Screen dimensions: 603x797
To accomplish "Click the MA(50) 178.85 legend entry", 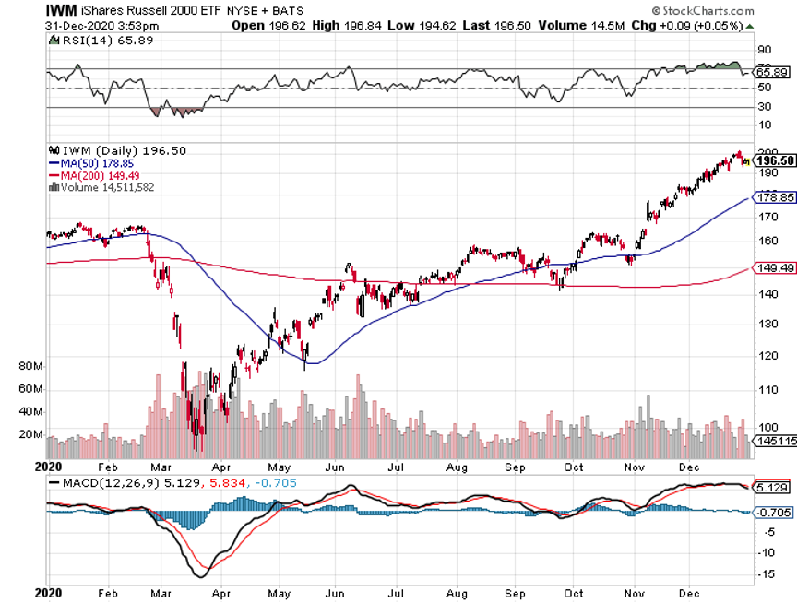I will point(92,163).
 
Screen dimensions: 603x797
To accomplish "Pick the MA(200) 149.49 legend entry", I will point(95,175).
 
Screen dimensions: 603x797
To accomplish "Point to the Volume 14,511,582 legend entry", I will point(106,187).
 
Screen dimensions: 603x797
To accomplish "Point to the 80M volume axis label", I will point(31,366).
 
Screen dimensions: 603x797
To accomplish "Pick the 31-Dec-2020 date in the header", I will point(74,25).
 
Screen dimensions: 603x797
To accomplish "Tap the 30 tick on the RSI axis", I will point(764,106).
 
